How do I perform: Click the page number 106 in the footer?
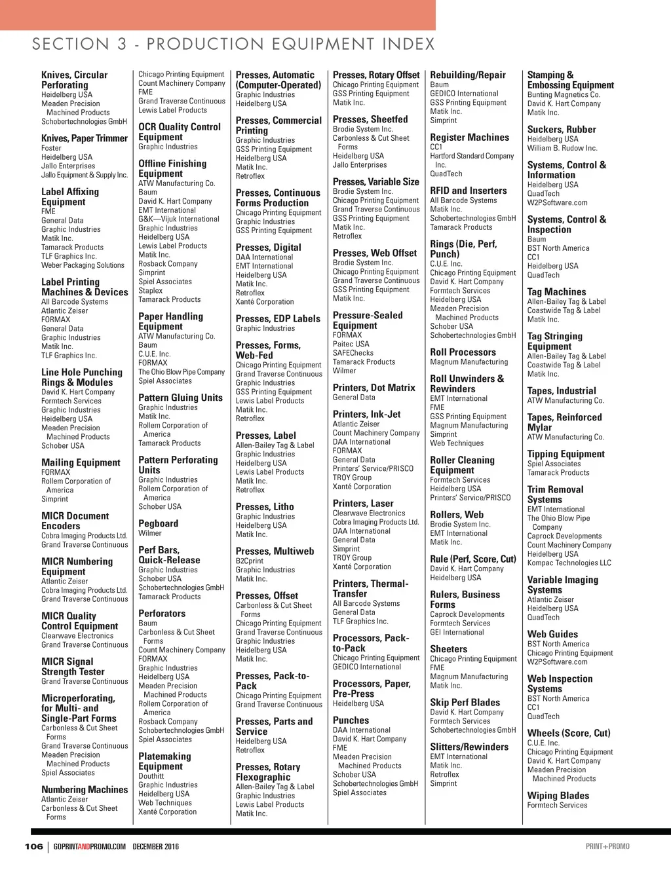click(x=33, y=846)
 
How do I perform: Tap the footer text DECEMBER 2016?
click(x=155, y=847)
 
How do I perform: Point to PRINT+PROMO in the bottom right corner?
click(x=607, y=846)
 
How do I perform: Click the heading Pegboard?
click(x=158, y=523)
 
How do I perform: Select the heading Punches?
click(x=351, y=720)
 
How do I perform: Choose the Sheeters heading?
click(x=448, y=649)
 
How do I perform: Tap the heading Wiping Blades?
click(x=558, y=796)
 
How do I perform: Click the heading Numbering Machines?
click(x=85, y=789)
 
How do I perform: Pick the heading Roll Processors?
click(x=463, y=352)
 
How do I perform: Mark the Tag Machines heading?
click(x=556, y=292)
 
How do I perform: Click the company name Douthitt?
click(x=151, y=776)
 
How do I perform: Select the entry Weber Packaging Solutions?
click(x=83, y=265)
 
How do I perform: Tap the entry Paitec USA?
click(x=351, y=344)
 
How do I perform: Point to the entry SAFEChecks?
click(x=353, y=353)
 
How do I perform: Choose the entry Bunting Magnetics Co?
click(x=564, y=95)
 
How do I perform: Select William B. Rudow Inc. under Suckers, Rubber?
click(x=562, y=148)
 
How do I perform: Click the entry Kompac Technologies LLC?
click(x=569, y=563)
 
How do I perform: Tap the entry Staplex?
click(x=150, y=291)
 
